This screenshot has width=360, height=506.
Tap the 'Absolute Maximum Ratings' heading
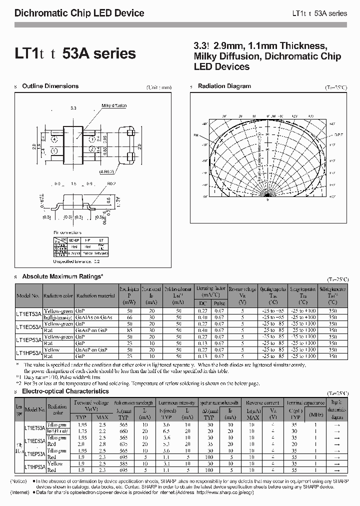click(63, 276)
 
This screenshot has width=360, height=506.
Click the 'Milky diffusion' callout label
click(114, 106)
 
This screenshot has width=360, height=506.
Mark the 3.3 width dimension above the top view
click(73, 108)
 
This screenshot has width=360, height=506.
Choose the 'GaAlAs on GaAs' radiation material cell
click(94, 317)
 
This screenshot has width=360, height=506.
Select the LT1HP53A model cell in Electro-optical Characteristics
click(34, 466)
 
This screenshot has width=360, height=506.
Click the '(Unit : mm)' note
click(159, 87)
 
